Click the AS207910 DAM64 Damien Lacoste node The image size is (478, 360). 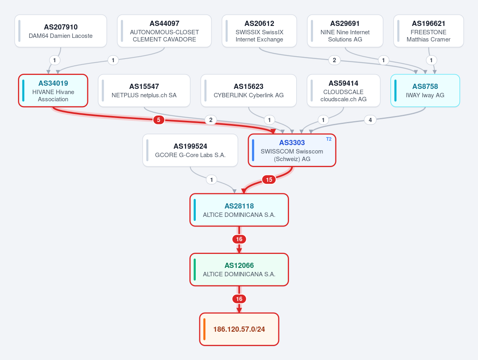tap(61, 31)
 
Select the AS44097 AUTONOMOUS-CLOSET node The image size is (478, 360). tap(164, 31)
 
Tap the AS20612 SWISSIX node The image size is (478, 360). tap(260, 31)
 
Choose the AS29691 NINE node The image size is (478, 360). tap(345, 31)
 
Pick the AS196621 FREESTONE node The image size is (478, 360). tap(429, 31)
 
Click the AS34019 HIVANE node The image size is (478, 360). tap(53, 90)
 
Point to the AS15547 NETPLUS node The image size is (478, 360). tap(144, 90)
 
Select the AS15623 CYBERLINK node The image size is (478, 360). tap(248, 90)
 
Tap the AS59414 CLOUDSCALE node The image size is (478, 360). tap(344, 90)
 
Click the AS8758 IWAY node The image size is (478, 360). tap(425, 90)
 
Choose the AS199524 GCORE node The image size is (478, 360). tap(190, 150)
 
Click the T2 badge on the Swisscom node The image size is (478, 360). tap(329, 139)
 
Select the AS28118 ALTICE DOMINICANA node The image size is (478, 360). tap(239, 210)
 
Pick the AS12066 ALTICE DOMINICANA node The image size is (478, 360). tap(239, 270)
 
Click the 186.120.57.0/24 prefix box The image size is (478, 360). tap(239, 329)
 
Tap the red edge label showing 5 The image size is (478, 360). tap(159, 120)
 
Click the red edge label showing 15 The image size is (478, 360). tap(269, 179)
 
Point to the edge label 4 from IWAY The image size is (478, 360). tap(370, 120)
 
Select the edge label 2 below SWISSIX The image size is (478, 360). tap(334, 60)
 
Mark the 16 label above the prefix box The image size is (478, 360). tap(239, 299)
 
